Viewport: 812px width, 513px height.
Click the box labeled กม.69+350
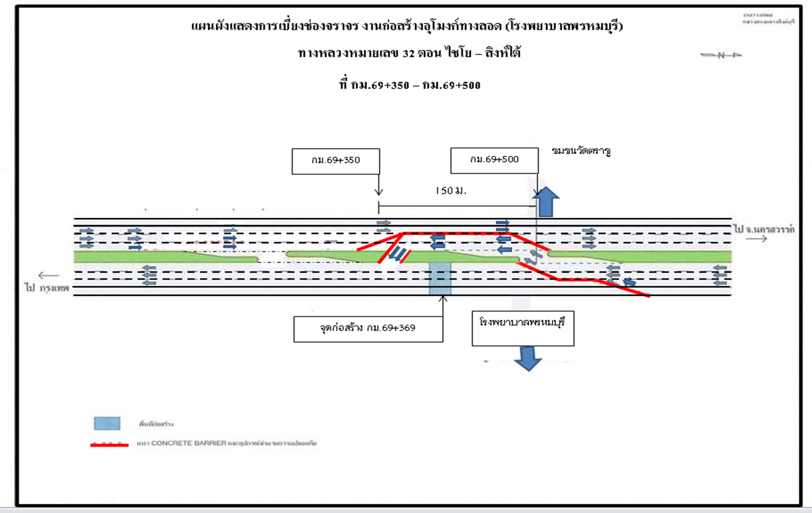click(336, 161)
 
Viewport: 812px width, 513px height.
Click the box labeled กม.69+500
click(494, 160)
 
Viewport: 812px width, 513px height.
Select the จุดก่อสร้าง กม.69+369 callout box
click(368, 328)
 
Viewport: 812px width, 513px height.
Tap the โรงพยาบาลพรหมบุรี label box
click(523, 328)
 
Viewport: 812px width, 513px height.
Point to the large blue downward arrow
click(528, 358)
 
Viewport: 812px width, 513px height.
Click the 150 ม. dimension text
click(451, 191)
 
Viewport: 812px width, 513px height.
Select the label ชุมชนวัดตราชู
click(581, 151)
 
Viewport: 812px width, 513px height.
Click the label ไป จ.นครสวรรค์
click(764, 229)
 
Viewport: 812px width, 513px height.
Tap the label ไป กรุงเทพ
click(47, 288)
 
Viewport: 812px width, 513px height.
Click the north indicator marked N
click(721, 55)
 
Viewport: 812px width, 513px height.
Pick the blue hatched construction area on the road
click(440, 278)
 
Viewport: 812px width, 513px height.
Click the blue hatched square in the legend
click(107, 423)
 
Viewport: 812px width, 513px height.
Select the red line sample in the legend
click(109, 444)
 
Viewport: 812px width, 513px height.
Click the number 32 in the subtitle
click(408, 54)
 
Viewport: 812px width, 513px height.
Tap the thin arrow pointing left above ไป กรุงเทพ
click(49, 276)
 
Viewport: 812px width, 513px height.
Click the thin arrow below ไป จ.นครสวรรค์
click(757, 239)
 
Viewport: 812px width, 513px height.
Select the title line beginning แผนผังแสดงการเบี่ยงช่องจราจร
click(407, 26)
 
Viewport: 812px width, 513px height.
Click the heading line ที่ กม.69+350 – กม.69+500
click(409, 86)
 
